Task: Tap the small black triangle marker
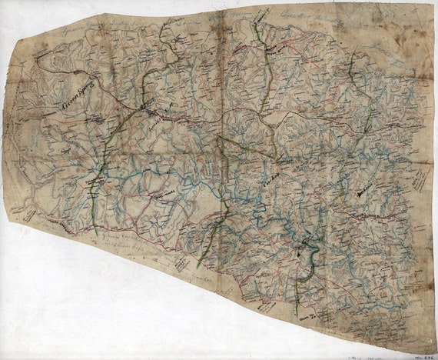pyautogui.click(x=300, y=250)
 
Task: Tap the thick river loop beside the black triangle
pyautogui.click(x=307, y=265)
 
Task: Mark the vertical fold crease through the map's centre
pyautogui.click(x=221, y=154)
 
